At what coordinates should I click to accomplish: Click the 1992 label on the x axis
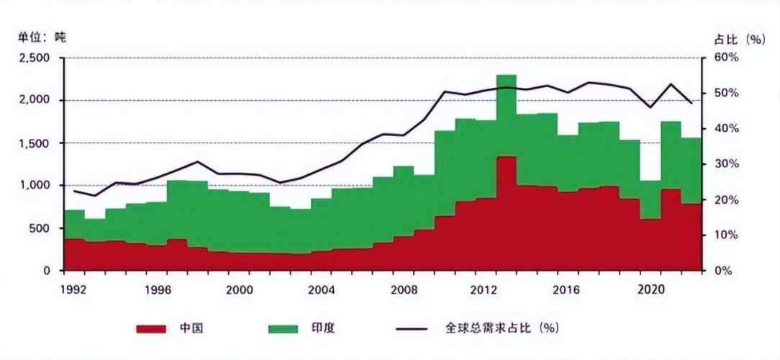pyautogui.click(x=76, y=288)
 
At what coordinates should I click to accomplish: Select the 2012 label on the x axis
pyautogui.click(x=485, y=288)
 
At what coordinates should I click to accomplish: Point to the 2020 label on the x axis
pyautogui.click(x=650, y=288)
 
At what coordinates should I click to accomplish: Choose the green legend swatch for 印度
pyautogui.click(x=282, y=328)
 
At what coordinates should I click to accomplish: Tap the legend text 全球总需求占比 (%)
pyautogui.click(x=502, y=328)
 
